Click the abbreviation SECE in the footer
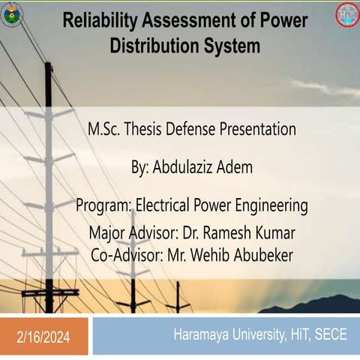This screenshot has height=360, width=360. [x=329, y=334]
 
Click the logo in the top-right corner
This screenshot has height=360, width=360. [x=346, y=13]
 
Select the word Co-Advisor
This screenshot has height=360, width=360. [x=125, y=255]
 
